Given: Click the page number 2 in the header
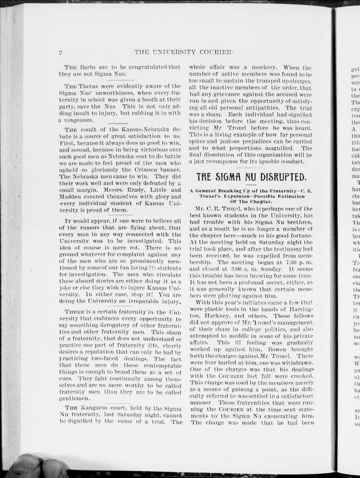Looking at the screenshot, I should click(x=61, y=52).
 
